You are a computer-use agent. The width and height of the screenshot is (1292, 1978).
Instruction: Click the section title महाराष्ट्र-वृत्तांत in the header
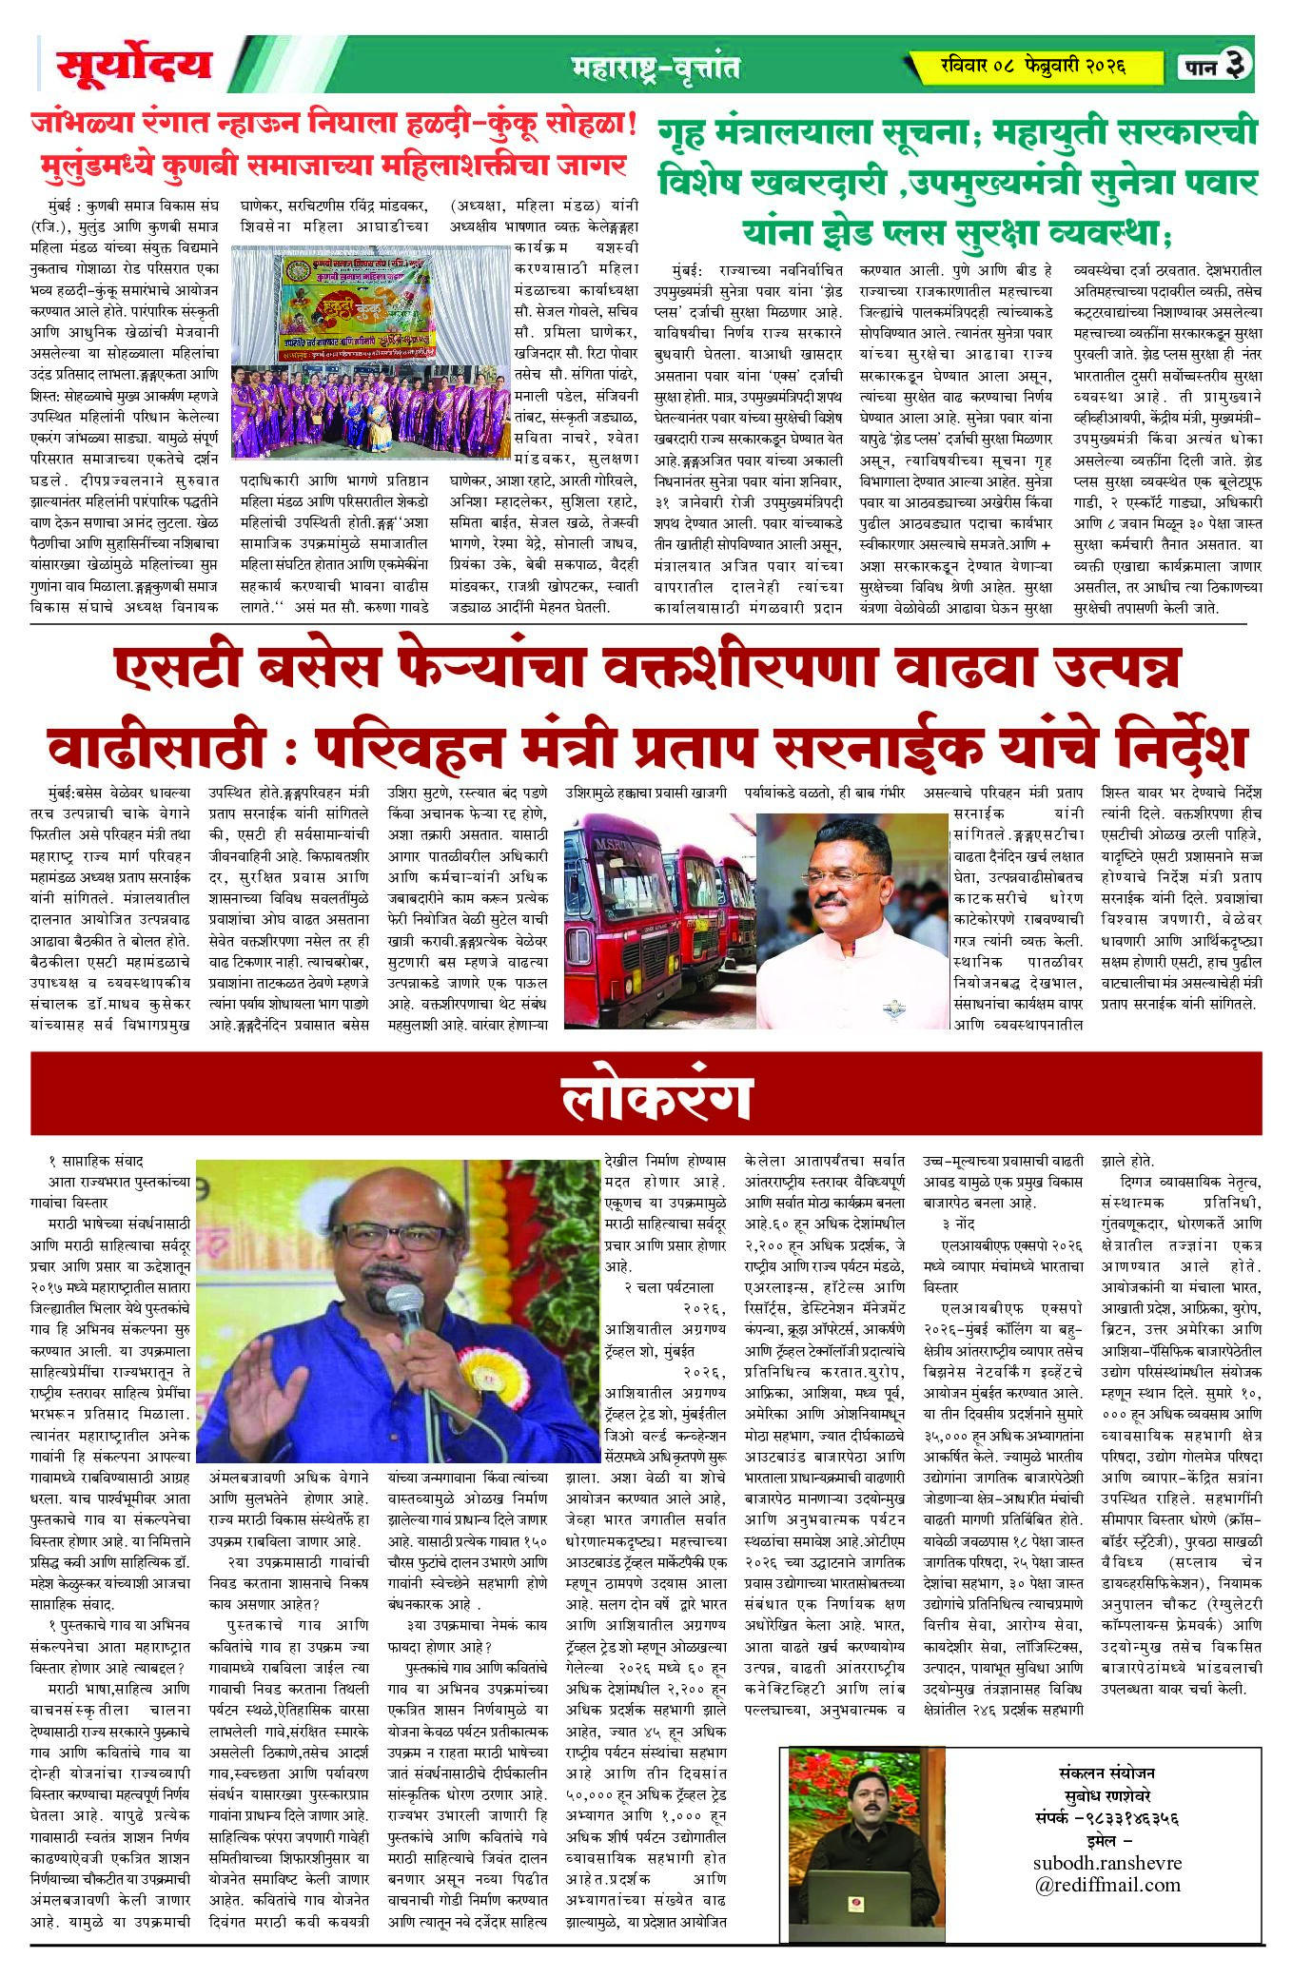pyautogui.click(x=656, y=68)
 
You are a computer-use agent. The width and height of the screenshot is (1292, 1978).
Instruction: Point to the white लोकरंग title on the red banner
pyautogui.click(x=656, y=1098)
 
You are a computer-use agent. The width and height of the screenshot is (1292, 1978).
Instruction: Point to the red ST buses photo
pyautogui.click(x=659, y=919)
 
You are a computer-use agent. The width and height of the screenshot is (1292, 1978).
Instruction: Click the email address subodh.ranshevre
pyautogui.click(x=1106, y=1862)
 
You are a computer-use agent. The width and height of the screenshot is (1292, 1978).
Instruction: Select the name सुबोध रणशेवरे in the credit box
pyautogui.click(x=1106, y=1792)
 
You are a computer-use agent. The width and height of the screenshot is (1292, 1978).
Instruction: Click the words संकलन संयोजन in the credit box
pyautogui.click(x=1106, y=1772)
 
